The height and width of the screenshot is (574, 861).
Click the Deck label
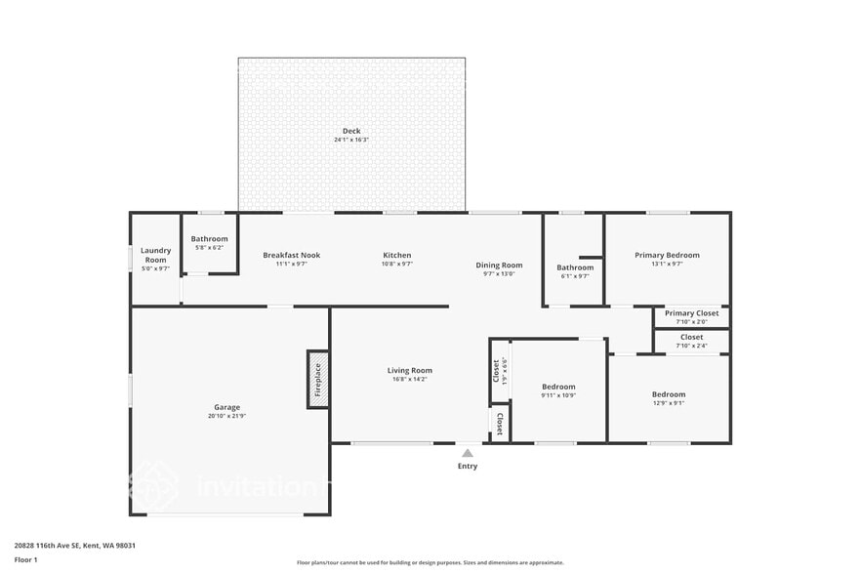point(351,131)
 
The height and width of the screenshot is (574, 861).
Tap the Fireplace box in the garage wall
point(318,379)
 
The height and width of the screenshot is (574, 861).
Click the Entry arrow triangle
point(468,453)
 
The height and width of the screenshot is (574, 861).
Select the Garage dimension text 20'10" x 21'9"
point(226,417)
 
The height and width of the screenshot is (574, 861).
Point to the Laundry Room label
point(156,255)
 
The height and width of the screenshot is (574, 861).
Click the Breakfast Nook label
point(291,255)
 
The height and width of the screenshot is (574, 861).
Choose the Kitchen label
point(396,255)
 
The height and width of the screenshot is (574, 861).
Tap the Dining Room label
point(499,265)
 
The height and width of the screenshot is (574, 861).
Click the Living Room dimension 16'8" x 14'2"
point(409,379)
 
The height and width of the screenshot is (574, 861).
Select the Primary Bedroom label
point(667,255)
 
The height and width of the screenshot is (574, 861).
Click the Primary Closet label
point(691,313)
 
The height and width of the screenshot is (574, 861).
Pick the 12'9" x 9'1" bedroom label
point(669,394)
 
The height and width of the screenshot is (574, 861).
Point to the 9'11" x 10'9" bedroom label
point(558,387)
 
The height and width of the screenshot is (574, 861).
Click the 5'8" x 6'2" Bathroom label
point(209,239)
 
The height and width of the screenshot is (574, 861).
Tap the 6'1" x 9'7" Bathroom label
point(575,267)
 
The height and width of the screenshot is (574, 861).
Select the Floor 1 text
point(26,559)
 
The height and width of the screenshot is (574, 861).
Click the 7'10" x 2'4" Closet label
point(691,337)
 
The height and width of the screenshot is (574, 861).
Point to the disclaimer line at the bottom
point(430,562)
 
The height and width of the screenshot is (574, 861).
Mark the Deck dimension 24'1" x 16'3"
point(351,140)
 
